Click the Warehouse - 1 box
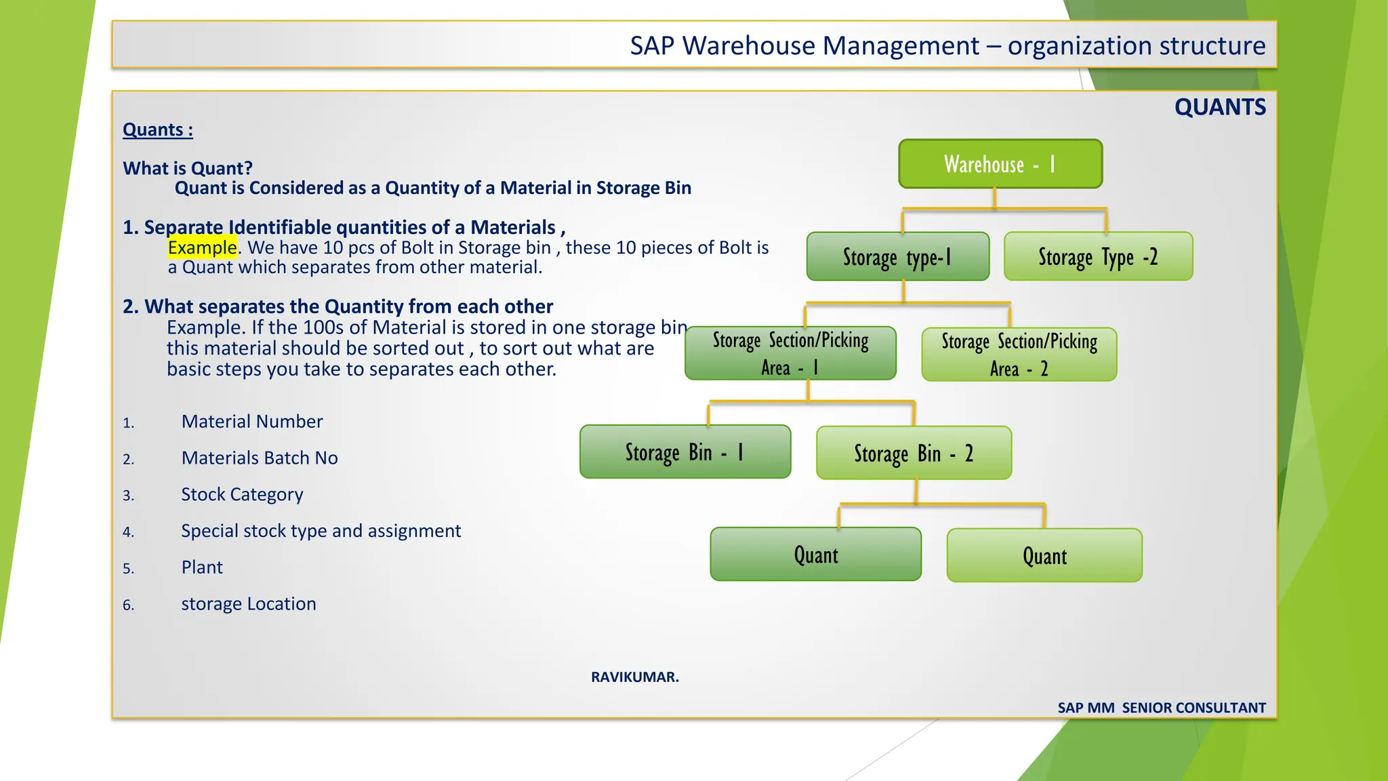[x=1000, y=164]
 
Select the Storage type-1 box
[x=898, y=257]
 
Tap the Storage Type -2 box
[x=1098, y=257]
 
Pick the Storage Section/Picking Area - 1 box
[x=790, y=353]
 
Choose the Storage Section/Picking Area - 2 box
[x=1019, y=355]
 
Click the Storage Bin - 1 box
[x=685, y=452]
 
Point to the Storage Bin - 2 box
[x=914, y=453]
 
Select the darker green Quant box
[x=815, y=555]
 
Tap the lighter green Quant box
[x=1044, y=556]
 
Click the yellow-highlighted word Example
[x=202, y=247]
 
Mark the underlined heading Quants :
[x=158, y=129]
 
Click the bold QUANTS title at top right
[x=1219, y=107]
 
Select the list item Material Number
[x=252, y=422]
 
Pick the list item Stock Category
[x=242, y=494]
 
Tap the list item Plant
[x=202, y=567]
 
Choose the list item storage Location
[x=248, y=604]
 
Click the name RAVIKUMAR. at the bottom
[x=634, y=677]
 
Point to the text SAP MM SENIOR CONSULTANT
[x=1161, y=708]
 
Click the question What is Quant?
[x=188, y=168]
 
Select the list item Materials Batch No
[x=260, y=458]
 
